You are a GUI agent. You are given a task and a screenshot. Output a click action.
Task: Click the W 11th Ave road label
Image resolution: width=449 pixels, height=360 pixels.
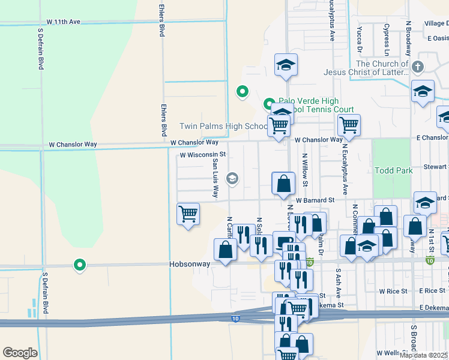pos(58,22)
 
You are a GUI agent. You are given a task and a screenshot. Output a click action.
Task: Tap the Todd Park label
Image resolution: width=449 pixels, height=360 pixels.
pos(393,170)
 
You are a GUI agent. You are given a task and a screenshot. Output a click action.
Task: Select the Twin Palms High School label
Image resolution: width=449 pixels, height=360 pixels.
pos(224,126)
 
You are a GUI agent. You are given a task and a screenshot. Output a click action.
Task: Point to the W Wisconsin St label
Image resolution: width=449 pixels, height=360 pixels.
pos(202,154)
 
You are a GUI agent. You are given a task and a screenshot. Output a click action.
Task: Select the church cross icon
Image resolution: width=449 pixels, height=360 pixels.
pos(418,67)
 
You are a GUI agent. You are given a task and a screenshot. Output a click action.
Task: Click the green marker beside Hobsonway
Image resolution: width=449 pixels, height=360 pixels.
pos(79,265)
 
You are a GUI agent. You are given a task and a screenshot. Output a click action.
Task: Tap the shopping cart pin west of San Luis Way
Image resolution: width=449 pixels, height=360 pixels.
pos(188,214)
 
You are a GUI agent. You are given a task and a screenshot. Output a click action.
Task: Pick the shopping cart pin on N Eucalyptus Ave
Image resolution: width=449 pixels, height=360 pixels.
pos(349,125)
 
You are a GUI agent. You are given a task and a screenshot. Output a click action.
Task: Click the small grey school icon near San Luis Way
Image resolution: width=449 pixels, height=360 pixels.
pos(232,178)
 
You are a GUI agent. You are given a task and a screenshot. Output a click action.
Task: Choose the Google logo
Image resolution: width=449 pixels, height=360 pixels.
pos(20,353)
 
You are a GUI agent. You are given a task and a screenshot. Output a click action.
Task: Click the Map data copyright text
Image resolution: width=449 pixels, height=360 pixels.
pos(424,355)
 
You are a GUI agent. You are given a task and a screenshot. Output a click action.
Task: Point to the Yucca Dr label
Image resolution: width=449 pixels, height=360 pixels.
pos(359,38)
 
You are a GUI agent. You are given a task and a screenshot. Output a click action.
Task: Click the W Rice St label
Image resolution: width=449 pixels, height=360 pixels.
pos(393,291)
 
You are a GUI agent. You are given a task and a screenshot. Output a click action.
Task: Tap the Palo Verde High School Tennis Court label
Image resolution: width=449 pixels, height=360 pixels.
pos(307,106)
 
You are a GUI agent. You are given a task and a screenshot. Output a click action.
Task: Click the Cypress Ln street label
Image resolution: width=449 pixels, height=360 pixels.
pos(387,37)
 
